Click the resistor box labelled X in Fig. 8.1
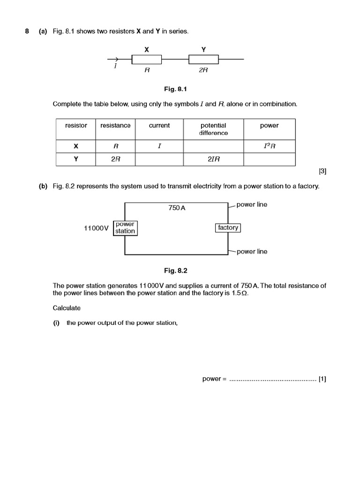point(147,60)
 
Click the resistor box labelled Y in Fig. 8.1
point(203,60)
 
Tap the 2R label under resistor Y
point(203,70)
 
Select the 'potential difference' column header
point(213,129)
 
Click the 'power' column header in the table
point(269,126)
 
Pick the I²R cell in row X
point(269,146)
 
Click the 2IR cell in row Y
point(213,159)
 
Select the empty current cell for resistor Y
point(159,159)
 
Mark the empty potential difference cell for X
point(213,146)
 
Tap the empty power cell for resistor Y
point(269,159)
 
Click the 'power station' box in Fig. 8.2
point(125,228)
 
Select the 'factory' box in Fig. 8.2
point(228,228)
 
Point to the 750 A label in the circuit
point(177,208)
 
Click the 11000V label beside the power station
point(96,228)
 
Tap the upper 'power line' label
point(252,205)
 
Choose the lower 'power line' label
point(252,252)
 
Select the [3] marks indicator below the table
point(322,172)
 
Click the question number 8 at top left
point(27,31)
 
